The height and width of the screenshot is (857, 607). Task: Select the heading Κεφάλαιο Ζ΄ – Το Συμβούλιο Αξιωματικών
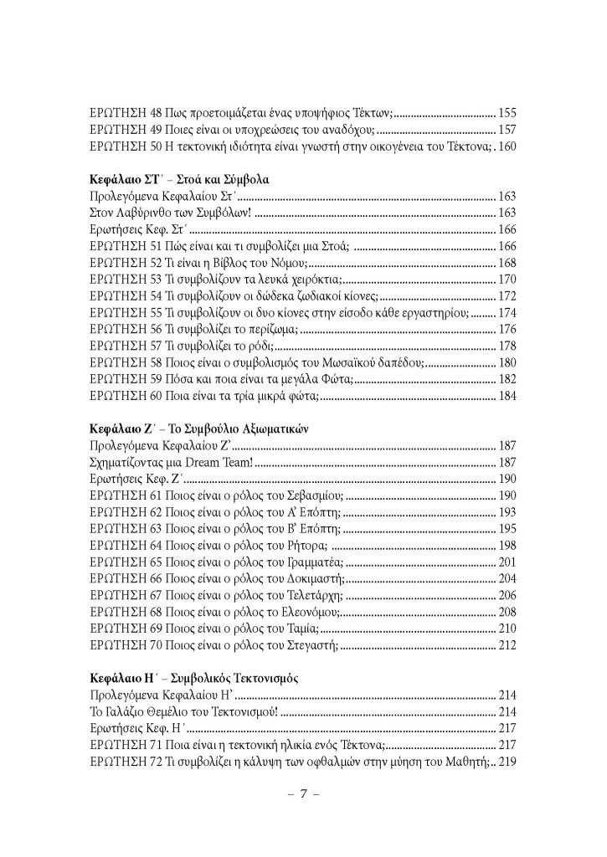click(x=199, y=426)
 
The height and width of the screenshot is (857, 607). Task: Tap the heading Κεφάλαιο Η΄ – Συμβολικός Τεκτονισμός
click(x=195, y=673)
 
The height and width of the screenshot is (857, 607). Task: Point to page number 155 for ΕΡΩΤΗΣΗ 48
click(x=509, y=110)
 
